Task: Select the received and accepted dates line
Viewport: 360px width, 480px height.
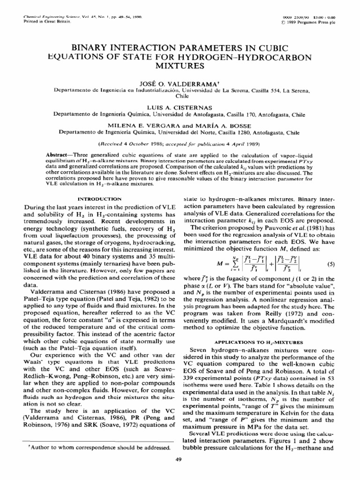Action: (180, 143)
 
